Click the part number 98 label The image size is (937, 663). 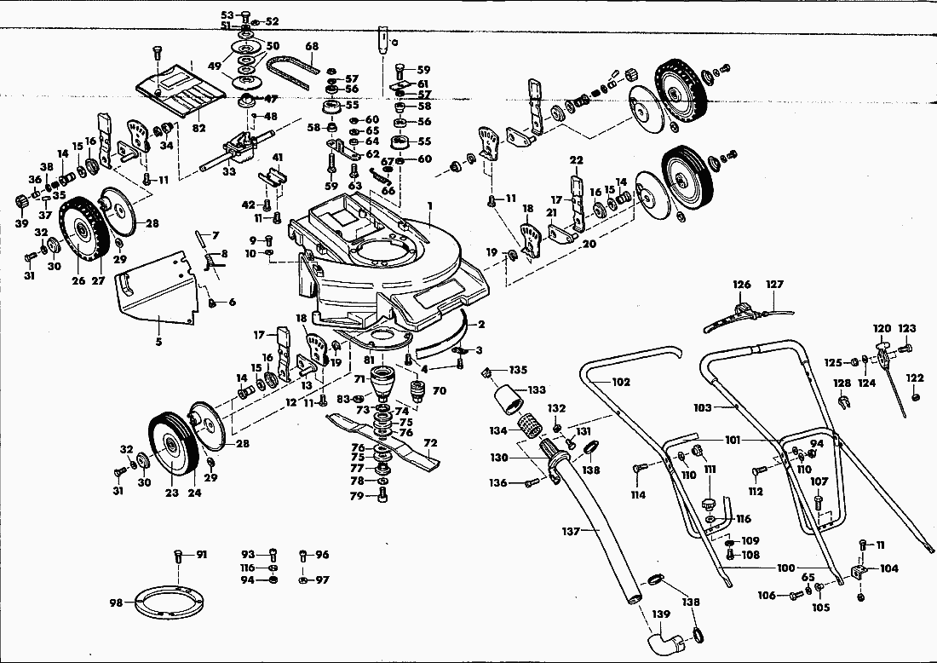click(116, 602)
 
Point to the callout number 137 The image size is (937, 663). click(570, 531)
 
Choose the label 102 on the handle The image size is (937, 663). click(621, 382)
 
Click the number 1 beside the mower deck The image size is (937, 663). click(431, 205)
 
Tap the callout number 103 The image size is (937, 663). click(702, 408)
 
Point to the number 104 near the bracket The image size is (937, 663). click(888, 568)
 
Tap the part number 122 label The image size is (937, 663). click(915, 378)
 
